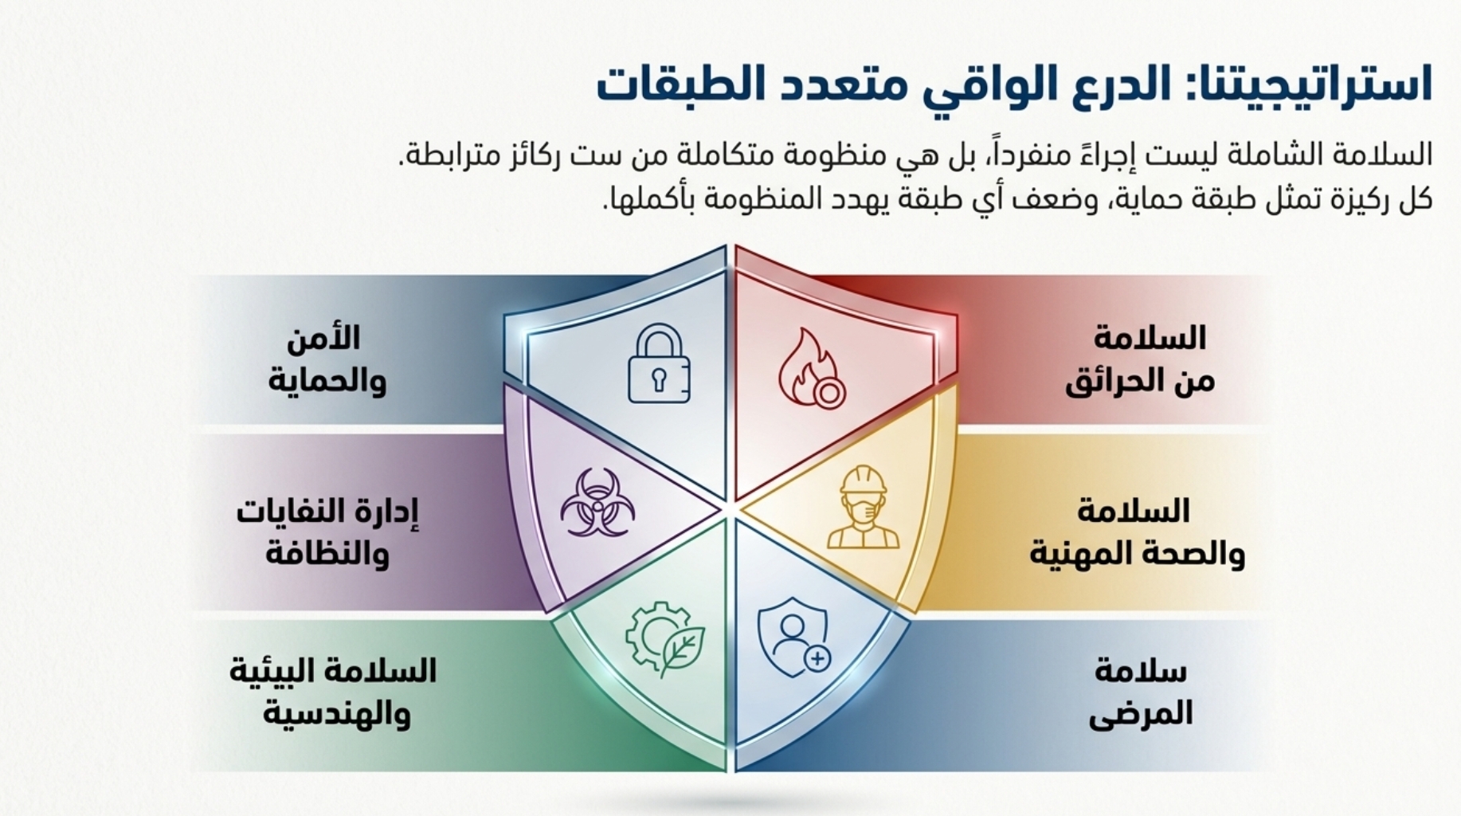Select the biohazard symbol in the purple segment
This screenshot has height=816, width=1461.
(597, 503)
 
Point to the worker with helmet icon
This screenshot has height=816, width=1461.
(863, 508)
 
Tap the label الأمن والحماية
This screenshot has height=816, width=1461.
(327, 359)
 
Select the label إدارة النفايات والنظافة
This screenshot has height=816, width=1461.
(327, 532)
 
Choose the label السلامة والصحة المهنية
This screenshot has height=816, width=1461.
(1137, 532)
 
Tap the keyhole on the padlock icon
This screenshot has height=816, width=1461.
(659, 380)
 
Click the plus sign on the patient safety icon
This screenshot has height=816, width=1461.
(817, 658)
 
